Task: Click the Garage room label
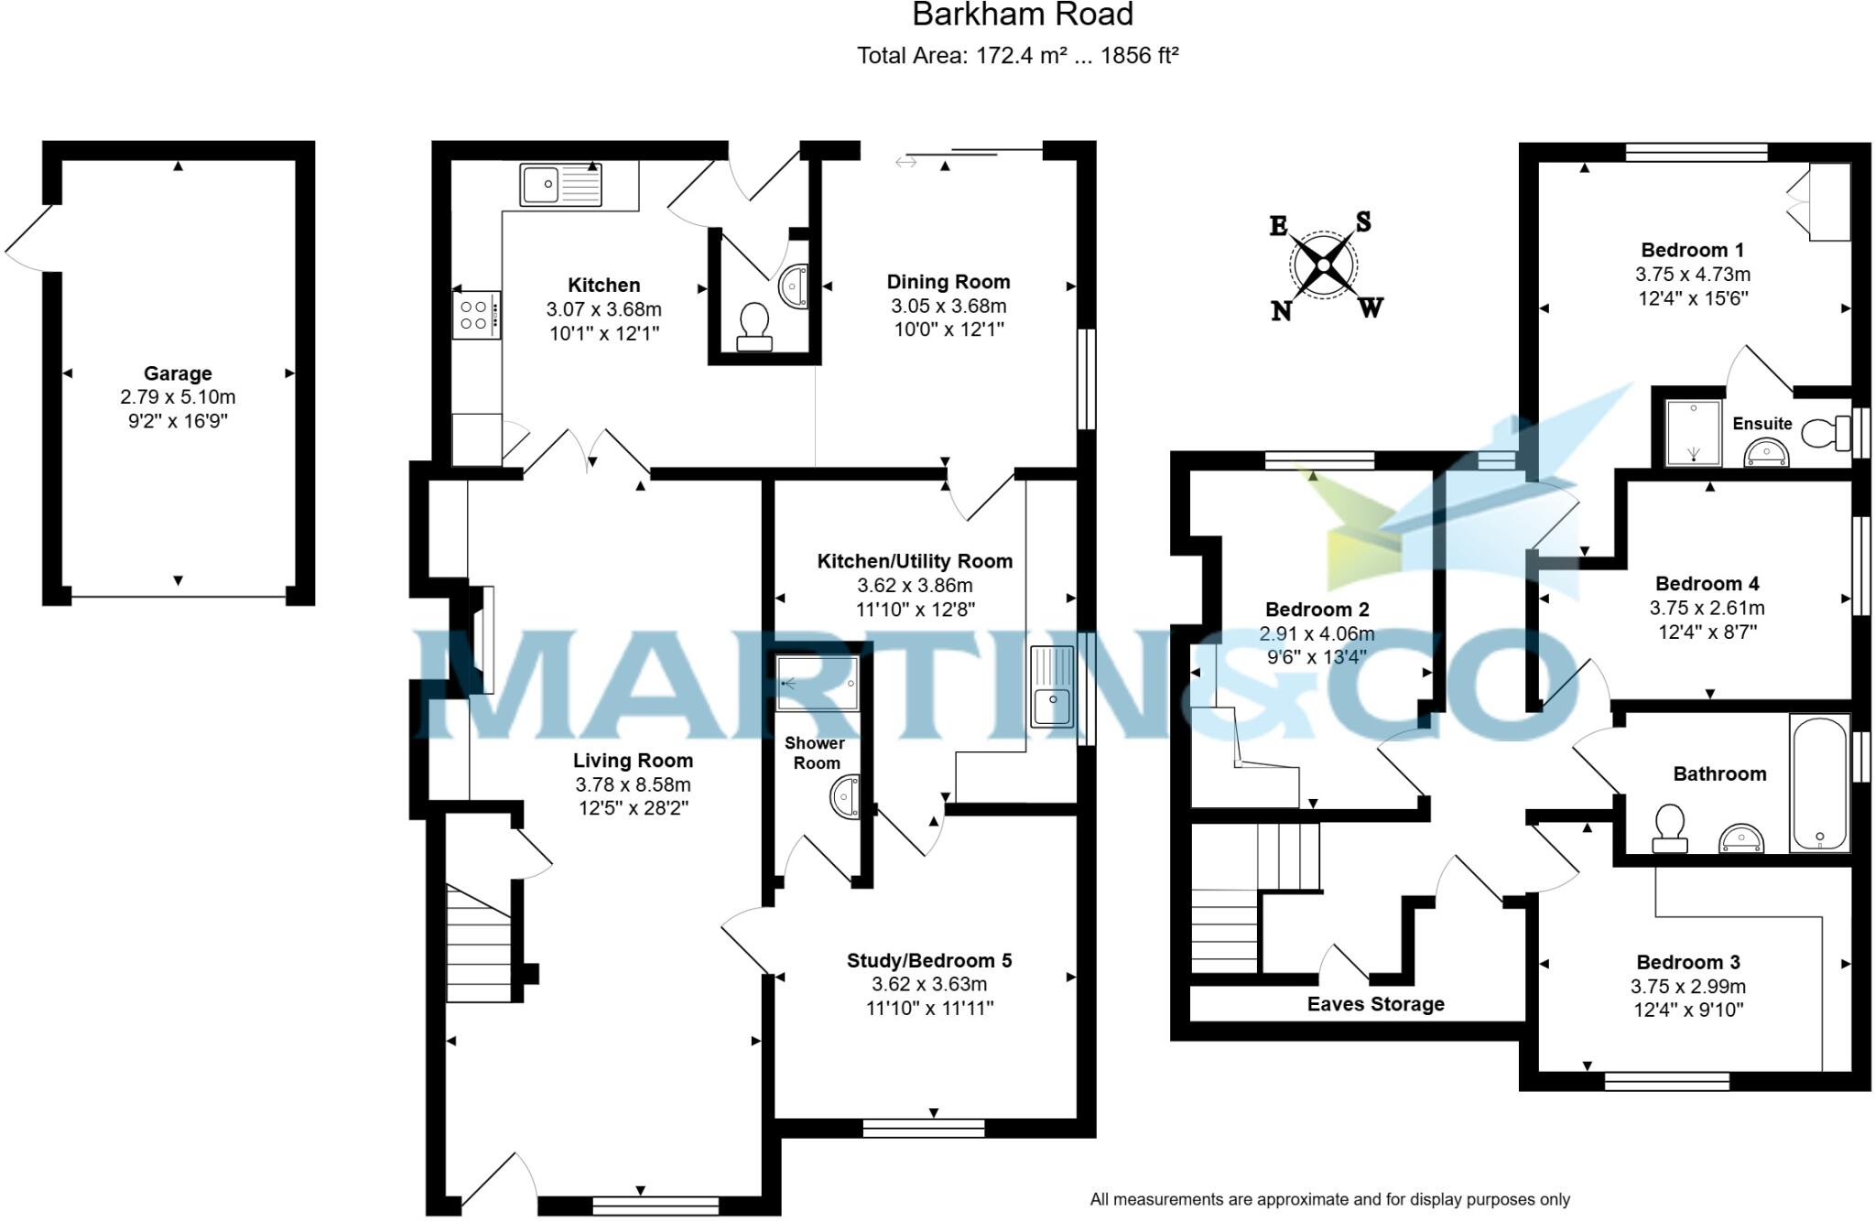click(178, 373)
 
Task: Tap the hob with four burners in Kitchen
click(476, 315)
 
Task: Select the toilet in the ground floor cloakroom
click(754, 325)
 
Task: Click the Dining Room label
click(948, 282)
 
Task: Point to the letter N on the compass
click(1281, 311)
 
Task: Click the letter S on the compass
click(1362, 222)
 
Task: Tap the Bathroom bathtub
click(1819, 783)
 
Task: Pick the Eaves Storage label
click(1375, 1004)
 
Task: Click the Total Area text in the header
click(1017, 56)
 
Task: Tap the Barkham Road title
click(1023, 15)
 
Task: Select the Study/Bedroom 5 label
click(928, 960)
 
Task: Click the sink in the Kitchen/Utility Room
click(1052, 686)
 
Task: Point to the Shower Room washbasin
click(846, 797)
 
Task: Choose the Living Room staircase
click(478, 943)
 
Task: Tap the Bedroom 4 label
click(1707, 584)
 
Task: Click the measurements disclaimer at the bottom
click(1329, 1199)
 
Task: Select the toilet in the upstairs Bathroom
click(1670, 827)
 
